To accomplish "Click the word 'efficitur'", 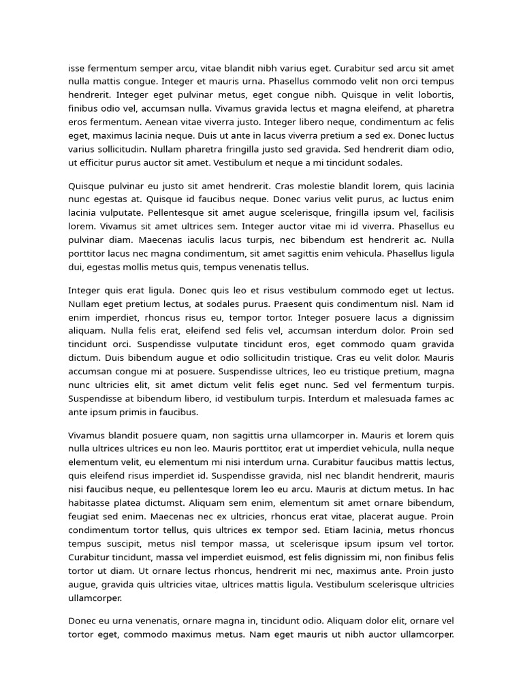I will (99, 163).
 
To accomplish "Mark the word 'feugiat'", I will (85, 517).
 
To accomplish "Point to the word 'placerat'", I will (368, 517).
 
